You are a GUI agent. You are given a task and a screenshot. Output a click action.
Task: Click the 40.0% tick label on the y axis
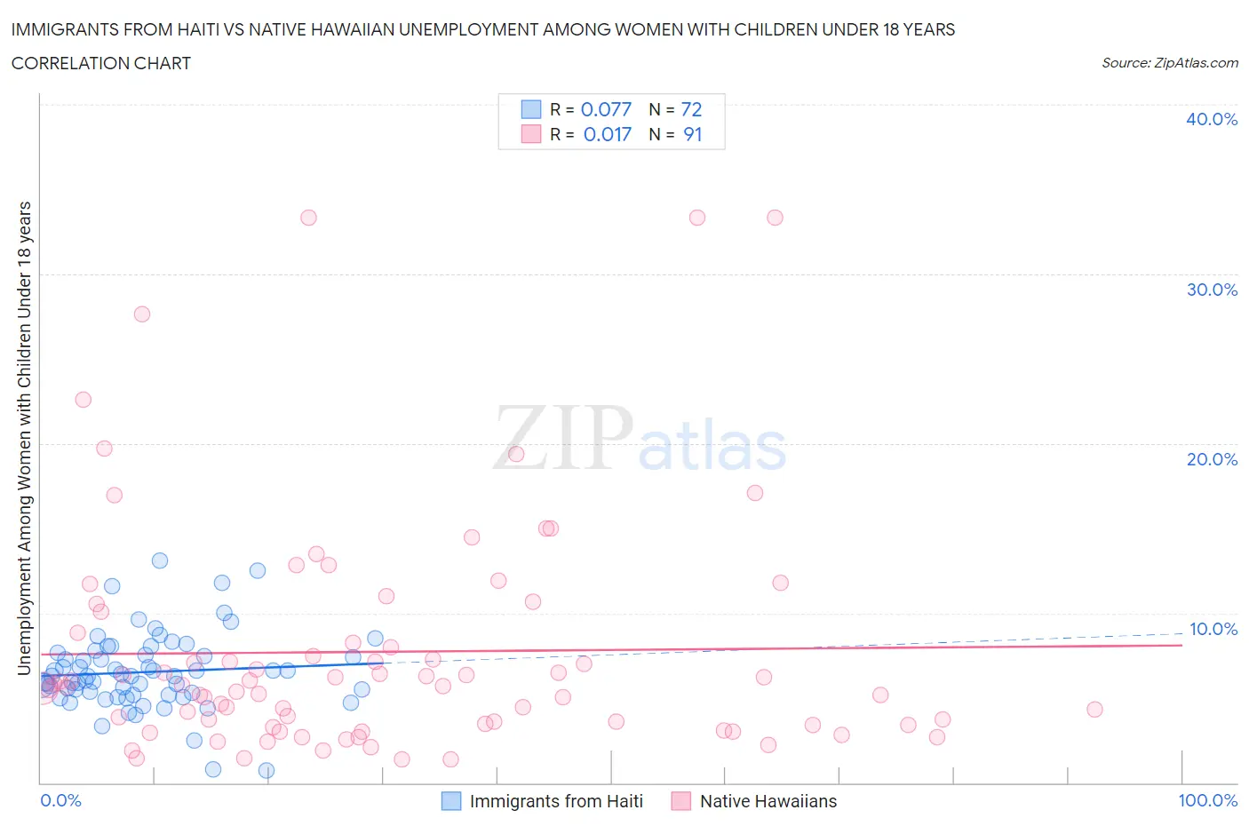pyautogui.click(x=1212, y=119)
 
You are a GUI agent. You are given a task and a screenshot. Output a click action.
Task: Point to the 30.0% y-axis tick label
pyautogui.click(x=1212, y=290)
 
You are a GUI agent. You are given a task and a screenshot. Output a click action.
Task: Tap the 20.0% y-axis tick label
pyautogui.click(x=1212, y=459)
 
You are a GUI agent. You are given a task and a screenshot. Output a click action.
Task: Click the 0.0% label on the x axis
pyautogui.click(x=60, y=800)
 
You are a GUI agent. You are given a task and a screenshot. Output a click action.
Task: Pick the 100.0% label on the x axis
pyautogui.click(x=1207, y=800)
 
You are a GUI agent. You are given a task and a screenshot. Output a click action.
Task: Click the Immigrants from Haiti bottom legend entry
pyautogui.click(x=555, y=801)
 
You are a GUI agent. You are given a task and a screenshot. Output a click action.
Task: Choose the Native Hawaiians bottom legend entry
pyautogui.click(x=768, y=801)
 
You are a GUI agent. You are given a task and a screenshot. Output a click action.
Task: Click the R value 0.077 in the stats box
pyautogui.click(x=606, y=109)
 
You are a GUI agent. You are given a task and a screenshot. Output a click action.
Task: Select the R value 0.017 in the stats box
pyautogui.click(x=607, y=134)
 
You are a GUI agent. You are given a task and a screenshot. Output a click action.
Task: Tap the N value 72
pyautogui.click(x=691, y=109)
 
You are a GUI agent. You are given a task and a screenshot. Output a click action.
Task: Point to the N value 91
pyautogui.click(x=692, y=134)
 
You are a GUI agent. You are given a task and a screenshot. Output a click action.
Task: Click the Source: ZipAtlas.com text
pyautogui.click(x=1169, y=62)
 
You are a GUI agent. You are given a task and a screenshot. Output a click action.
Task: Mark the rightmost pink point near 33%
pyautogui.click(x=775, y=218)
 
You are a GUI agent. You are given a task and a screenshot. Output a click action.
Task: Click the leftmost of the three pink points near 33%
pyautogui.click(x=308, y=218)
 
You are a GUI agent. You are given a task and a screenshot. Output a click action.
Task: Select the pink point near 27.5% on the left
pyautogui.click(x=141, y=314)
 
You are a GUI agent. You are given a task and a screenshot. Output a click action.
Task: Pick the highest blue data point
pyautogui.click(x=160, y=560)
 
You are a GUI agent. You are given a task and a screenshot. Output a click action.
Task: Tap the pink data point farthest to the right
pyautogui.click(x=1094, y=709)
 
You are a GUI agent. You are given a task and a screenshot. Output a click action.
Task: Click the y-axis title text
pyautogui.click(x=24, y=438)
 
